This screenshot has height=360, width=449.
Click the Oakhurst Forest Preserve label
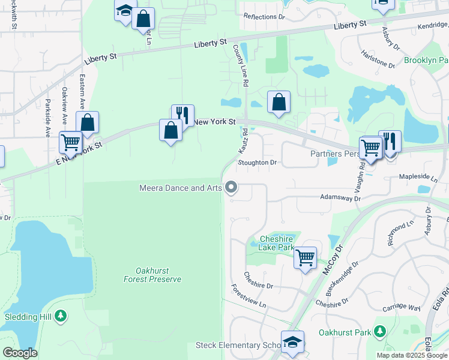click(x=152, y=274)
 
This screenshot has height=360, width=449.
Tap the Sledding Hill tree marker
click(x=60, y=316)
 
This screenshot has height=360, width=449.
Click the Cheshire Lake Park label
click(x=276, y=242)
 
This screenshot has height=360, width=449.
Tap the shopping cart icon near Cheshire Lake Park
click(x=306, y=258)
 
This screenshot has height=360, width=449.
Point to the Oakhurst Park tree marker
click(x=379, y=331)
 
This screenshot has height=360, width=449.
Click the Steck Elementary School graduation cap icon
click(x=292, y=343)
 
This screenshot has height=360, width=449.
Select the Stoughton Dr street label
click(x=257, y=163)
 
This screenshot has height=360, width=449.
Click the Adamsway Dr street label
click(x=340, y=197)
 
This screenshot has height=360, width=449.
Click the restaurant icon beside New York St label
click(x=182, y=115)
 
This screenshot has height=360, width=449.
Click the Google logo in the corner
click(x=20, y=353)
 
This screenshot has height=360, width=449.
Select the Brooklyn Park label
click(x=426, y=61)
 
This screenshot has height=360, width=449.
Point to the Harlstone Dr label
click(x=377, y=59)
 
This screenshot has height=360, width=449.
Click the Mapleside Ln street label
click(x=418, y=178)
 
